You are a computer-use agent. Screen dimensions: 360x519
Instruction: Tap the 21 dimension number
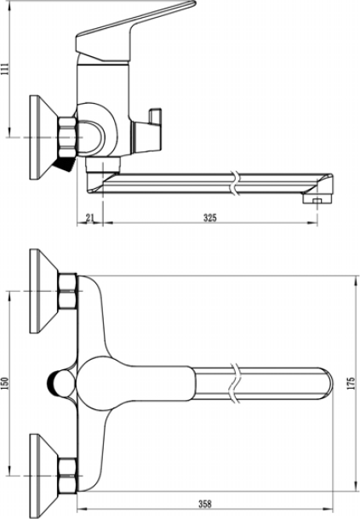click(89, 218)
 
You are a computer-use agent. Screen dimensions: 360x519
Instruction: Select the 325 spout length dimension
click(210, 218)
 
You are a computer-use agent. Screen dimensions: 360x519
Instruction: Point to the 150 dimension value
click(6, 383)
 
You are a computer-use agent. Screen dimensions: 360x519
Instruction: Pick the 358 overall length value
click(205, 504)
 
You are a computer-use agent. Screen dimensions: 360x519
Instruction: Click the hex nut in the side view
click(67, 137)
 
